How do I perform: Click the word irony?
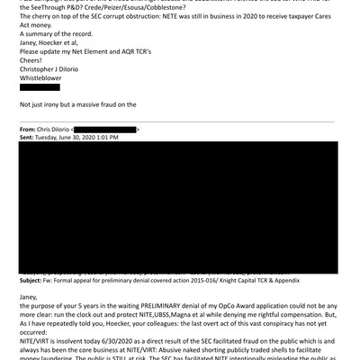[53, 104]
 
